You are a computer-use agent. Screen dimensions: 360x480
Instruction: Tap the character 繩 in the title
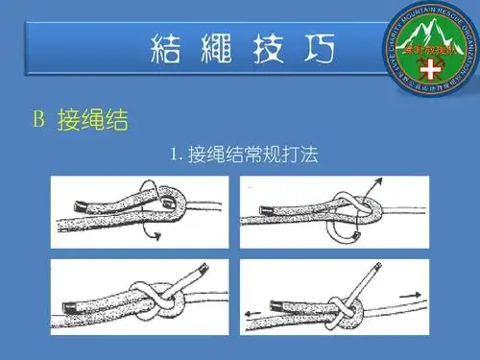click(x=218, y=47)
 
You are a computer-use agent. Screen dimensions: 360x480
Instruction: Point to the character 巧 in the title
click(x=314, y=47)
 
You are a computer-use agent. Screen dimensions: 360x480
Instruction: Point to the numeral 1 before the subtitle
click(x=174, y=155)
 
